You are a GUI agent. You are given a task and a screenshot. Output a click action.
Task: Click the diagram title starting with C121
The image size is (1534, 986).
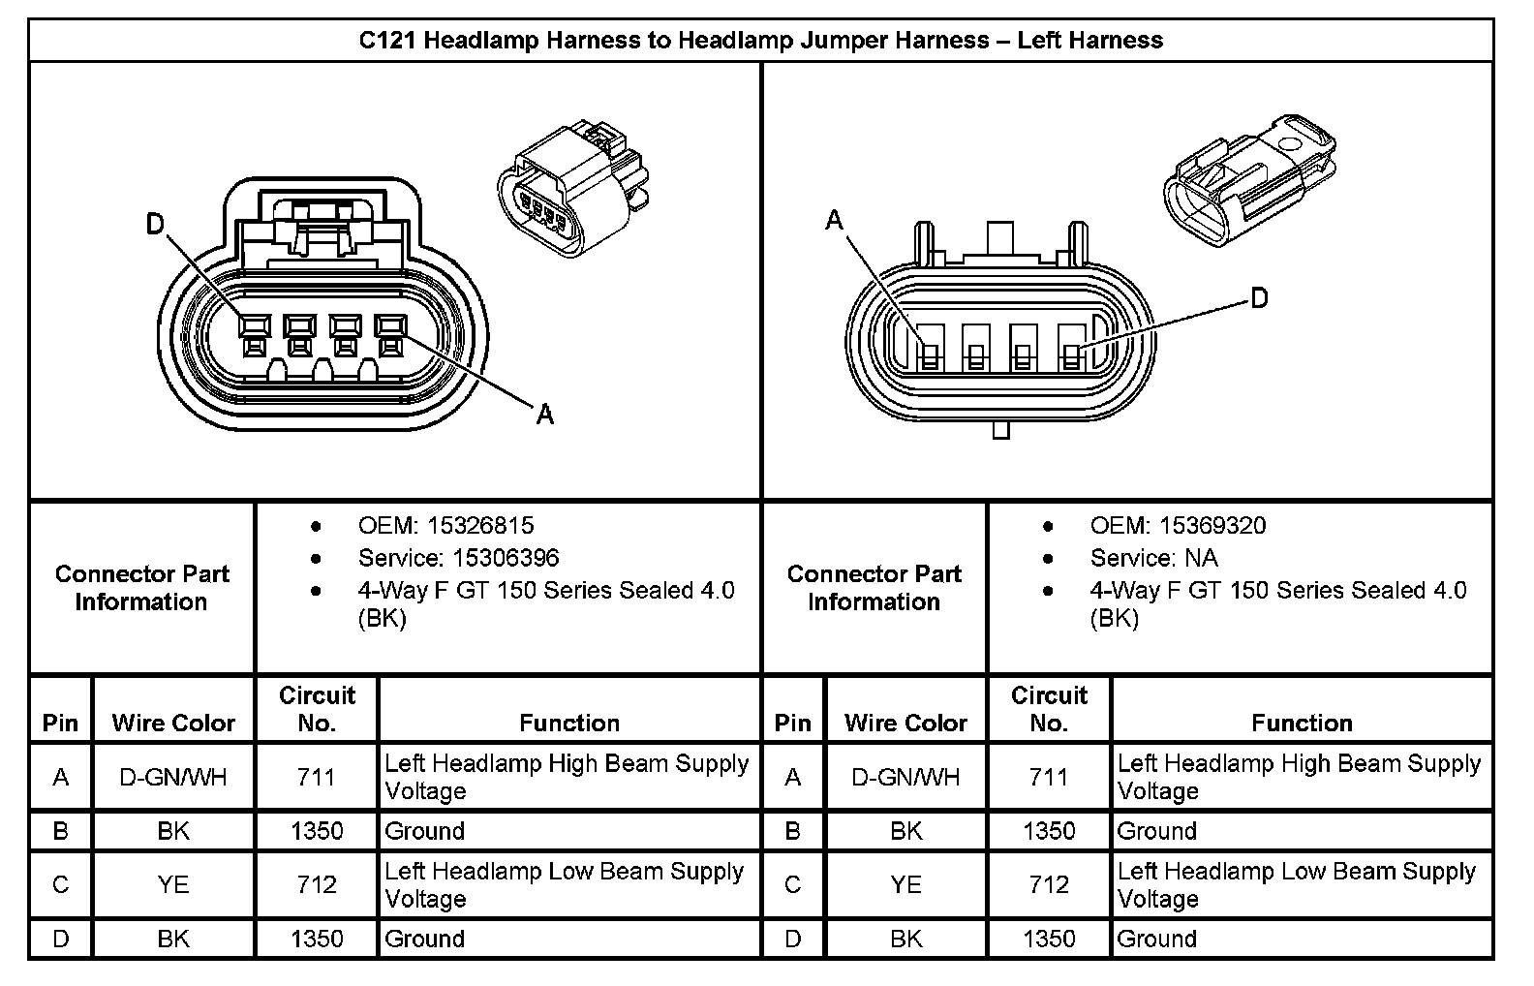click(x=760, y=41)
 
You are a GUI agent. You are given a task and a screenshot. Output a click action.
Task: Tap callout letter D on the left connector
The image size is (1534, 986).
click(x=156, y=225)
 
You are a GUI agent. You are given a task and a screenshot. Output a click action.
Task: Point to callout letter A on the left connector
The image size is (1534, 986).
click(x=545, y=415)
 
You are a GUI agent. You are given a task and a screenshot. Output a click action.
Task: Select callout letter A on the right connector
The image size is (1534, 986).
click(x=834, y=221)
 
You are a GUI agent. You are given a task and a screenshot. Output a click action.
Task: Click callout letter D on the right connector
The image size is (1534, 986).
click(x=1259, y=297)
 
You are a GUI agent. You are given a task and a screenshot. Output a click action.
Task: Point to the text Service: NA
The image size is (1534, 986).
click(x=1153, y=558)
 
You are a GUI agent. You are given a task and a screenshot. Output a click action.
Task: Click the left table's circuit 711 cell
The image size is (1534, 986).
click(x=317, y=777)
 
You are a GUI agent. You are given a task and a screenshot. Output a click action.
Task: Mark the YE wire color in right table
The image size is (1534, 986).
click(x=905, y=884)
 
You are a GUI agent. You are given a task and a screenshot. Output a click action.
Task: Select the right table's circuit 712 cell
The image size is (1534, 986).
click(x=1049, y=884)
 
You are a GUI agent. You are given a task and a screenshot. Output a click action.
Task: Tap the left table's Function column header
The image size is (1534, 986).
click(x=569, y=723)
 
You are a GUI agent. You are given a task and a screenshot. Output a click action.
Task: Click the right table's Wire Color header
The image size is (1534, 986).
click(x=905, y=723)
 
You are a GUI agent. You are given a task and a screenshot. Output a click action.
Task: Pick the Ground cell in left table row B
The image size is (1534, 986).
click(x=425, y=831)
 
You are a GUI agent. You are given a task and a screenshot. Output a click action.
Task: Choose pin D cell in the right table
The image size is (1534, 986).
click(x=793, y=939)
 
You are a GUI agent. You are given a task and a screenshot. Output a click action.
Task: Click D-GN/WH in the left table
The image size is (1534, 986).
click(x=173, y=777)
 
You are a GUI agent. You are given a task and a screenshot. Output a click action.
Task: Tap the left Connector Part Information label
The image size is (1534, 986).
click(x=141, y=588)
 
